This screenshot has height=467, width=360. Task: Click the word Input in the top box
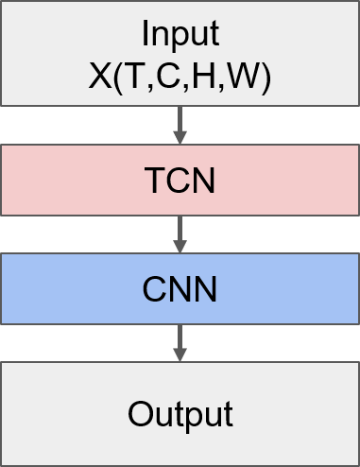tap(180, 34)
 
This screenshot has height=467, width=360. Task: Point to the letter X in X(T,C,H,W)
tap(99, 77)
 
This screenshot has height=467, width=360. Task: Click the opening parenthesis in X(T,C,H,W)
tap(115, 78)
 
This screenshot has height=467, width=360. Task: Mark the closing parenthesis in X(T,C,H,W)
tap(266, 78)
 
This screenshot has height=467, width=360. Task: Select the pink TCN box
tap(57, 180)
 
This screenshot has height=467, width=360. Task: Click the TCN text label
tap(180, 181)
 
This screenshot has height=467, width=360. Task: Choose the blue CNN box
tap(57, 288)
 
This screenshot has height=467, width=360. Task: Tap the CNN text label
tap(180, 289)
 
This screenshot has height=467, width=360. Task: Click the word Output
tap(180, 414)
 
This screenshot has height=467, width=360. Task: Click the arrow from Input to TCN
tap(180, 120)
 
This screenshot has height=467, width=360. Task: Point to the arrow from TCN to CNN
tap(180, 229)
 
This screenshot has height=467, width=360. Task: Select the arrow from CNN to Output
tap(180, 337)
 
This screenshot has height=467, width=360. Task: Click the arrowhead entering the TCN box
tap(180, 137)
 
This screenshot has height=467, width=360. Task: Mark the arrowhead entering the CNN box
tap(180, 246)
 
